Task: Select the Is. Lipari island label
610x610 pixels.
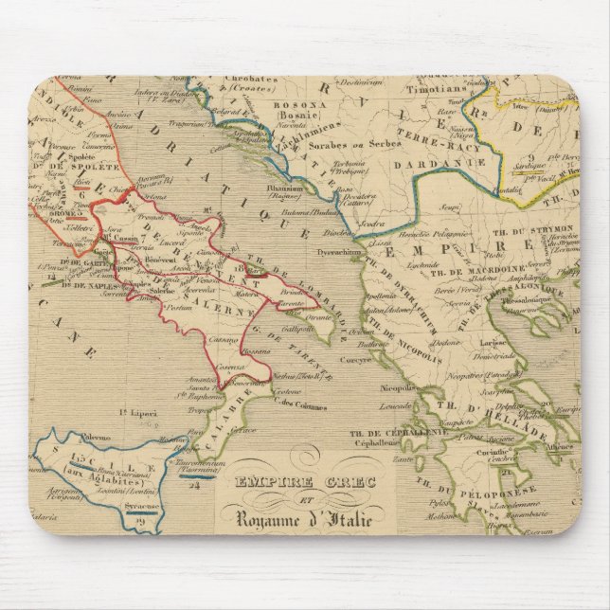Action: pyautogui.click(x=137, y=413)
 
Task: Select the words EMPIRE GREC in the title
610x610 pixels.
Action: pyautogui.click(x=301, y=482)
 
